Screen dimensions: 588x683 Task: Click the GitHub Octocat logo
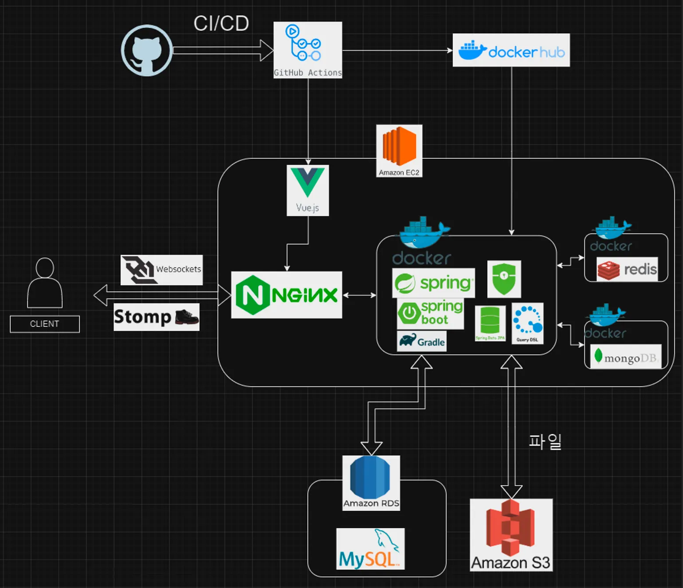click(147, 51)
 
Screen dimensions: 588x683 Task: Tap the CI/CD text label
click(221, 24)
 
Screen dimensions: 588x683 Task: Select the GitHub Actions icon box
click(308, 50)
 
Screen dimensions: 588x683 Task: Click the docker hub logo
click(511, 51)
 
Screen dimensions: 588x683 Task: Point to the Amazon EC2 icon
click(399, 151)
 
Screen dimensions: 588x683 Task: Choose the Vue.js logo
click(308, 190)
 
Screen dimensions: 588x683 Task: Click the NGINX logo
click(287, 295)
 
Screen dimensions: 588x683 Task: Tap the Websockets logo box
click(162, 270)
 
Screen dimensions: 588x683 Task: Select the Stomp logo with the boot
click(157, 317)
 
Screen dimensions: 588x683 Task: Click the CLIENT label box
click(45, 324)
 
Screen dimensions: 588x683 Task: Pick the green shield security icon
click(504, 279)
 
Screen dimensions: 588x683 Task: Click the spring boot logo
click(430, 314)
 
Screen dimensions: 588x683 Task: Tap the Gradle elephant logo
click(421, 341)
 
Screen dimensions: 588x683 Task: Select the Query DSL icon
click(527, 323)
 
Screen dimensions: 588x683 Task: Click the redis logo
click(627, 269)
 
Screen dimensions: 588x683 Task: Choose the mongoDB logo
click(626, 357)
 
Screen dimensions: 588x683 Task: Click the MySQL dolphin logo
click(370, 549)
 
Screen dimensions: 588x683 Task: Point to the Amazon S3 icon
click(511, 534)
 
